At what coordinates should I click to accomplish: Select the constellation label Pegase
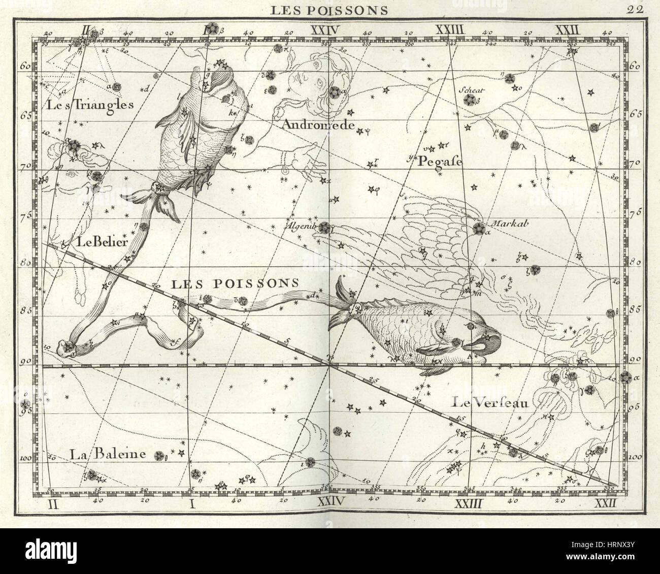(440, 162)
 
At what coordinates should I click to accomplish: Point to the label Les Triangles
(90, 106)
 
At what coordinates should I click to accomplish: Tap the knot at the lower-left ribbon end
(67, 347)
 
